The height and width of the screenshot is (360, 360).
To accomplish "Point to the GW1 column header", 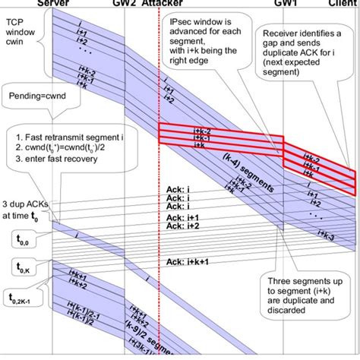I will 285,4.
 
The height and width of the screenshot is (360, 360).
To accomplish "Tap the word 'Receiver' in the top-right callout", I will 285,33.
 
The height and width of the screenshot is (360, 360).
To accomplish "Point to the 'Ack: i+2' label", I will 182,226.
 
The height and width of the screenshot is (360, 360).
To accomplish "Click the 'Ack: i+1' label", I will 182,216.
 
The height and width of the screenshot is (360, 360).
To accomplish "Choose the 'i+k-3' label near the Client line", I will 329,237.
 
